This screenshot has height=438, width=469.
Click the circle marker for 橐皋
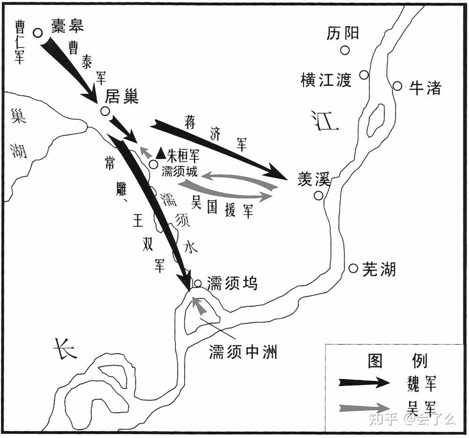point(38,32)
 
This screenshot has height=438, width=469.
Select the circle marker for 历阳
point(345,50)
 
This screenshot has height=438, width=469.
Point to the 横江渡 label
point(326,80)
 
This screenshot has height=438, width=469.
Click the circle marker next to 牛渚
point(397,86)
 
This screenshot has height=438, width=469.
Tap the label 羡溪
point(314,179)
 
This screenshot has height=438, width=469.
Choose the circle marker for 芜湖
point(354,268)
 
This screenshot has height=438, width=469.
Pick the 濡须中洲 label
point(242,351)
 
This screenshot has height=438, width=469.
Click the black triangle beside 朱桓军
point(161,153)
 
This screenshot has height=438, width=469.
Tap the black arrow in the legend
point(364,382)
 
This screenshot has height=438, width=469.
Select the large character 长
point(64,349)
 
